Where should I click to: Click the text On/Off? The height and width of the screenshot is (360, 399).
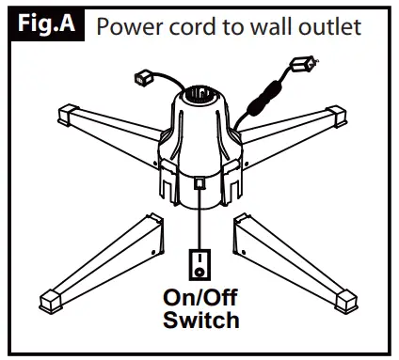tap(199, 300)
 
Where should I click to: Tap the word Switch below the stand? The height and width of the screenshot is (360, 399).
tap(199, 321)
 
